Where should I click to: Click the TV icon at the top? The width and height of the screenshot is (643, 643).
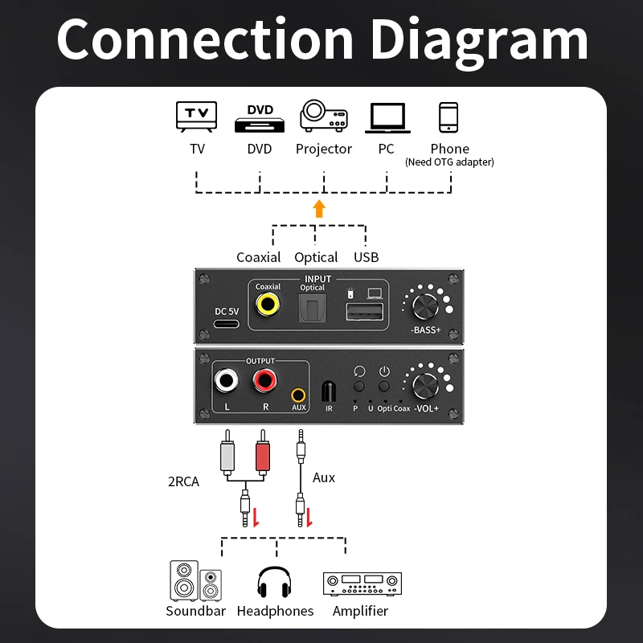click(x=197, y=117)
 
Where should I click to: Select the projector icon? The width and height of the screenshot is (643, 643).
click(x=324, y=117)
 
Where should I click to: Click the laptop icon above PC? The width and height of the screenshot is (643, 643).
click(x=387, y=118)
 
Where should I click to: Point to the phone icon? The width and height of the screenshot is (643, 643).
click(x=448, y=117)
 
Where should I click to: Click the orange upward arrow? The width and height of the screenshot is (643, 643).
click(x=319, y=209)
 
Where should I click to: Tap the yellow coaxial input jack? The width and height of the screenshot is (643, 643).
click(x=268, y=305)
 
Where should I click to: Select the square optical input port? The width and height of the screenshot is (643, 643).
click(x=312, y=307)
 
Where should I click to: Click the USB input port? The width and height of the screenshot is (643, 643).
click(x=358, y=311)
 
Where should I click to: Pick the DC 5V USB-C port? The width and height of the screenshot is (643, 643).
click(x=226, y=324)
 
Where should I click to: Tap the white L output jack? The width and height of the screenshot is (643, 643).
click(x=227, y=381)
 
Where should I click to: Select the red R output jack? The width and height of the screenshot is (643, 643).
click(x=266, y=381)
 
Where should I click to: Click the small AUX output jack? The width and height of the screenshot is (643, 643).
click(x=299, y=395)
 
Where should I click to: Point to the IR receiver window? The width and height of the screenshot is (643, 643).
click(x=328, y=391)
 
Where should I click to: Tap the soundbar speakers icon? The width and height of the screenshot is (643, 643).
click(x=195, y=581)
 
